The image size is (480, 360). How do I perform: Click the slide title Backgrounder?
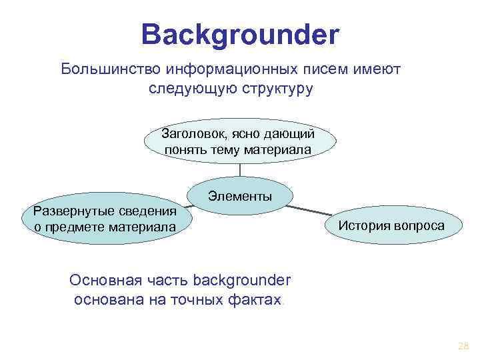[x=240, y=34]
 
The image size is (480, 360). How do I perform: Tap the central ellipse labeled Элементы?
[x=240, y=197]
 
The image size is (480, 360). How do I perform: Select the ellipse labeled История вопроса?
[x=391, y=225]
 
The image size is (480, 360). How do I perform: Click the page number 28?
[x=463, y=346]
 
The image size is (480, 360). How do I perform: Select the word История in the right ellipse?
[x=363, y=225]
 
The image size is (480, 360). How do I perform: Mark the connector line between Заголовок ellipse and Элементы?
[x=239, y=169]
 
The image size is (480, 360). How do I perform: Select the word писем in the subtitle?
[x=321, y=69]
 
